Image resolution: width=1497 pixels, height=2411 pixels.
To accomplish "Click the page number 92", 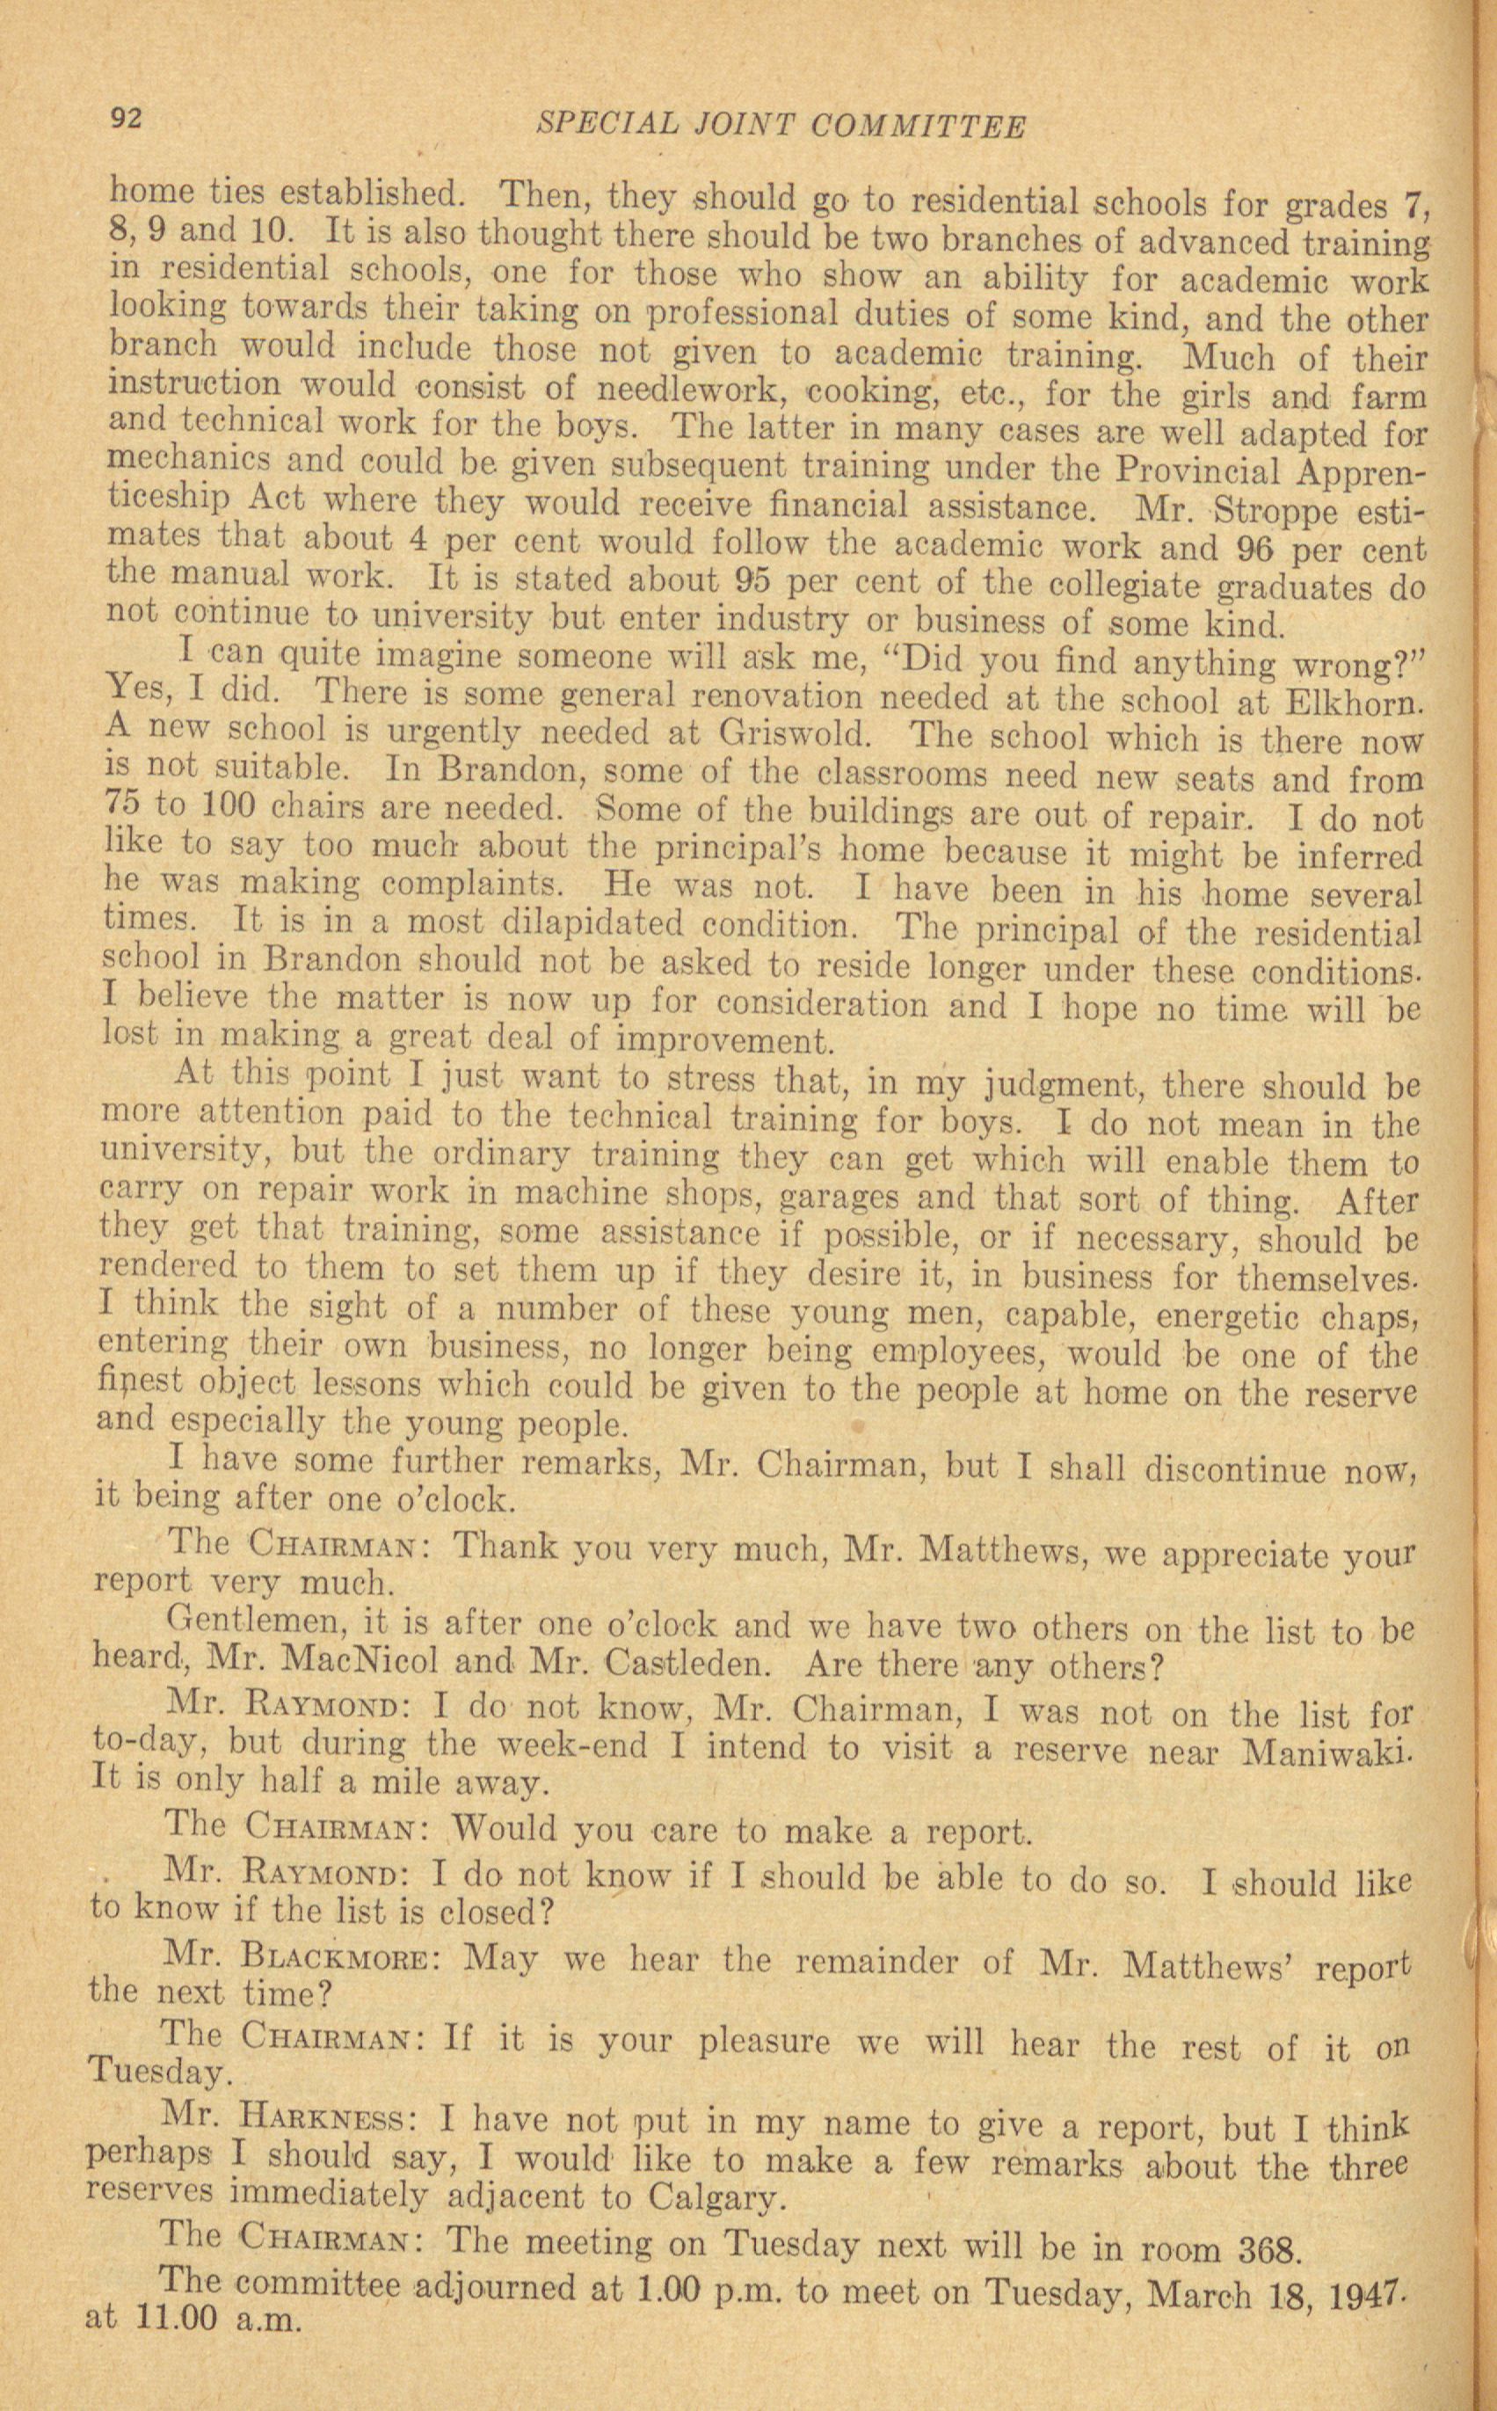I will [x=127, y=120].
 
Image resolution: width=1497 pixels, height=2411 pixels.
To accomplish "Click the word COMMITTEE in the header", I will [x=918, y=127].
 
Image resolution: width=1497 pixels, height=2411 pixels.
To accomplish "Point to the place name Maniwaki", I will [x=1326, y=1753].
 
